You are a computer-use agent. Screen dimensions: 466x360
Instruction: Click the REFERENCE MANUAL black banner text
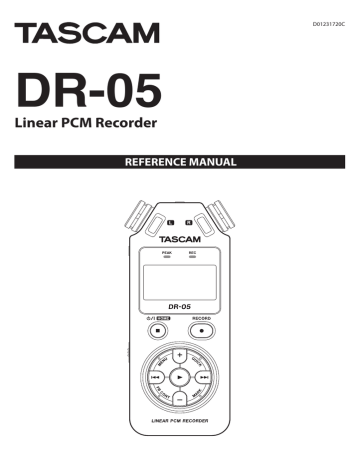[x=179, y=161]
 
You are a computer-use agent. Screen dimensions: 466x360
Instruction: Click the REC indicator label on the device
[x=193, y=254]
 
